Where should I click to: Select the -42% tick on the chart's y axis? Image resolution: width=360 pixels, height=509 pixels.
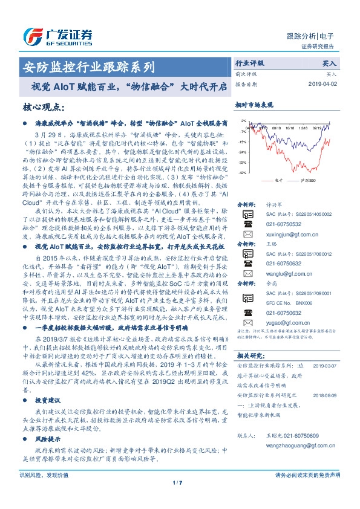[x=241, y=173]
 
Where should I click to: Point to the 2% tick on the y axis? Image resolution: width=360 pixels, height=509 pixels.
[x=243, y=121]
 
